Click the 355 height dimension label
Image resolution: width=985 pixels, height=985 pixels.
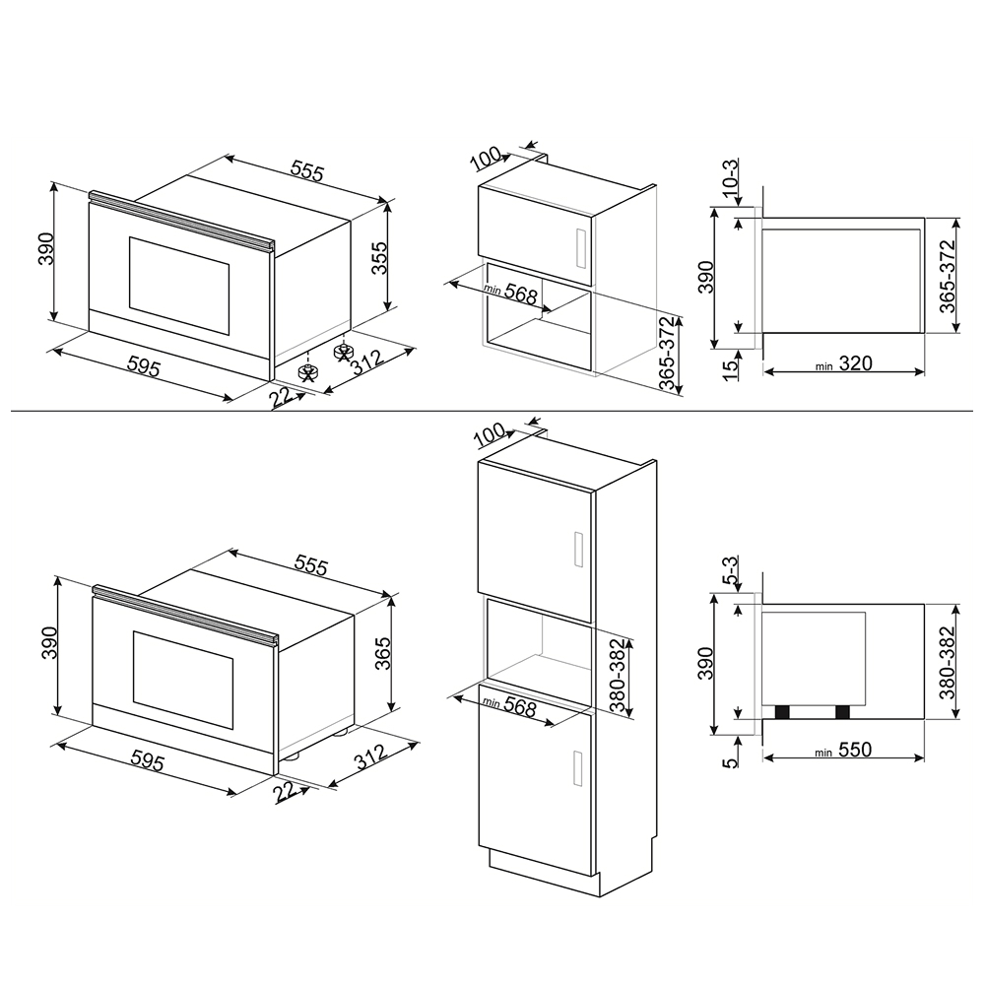(x=380, y=257)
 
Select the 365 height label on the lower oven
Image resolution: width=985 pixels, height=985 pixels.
(x=382, y=653)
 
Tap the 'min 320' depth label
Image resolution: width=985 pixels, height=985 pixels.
(x=844, y=363)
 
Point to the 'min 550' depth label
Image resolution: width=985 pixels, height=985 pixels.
(x=843, y=750)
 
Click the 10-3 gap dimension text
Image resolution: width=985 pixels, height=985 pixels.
(x=730, y=178)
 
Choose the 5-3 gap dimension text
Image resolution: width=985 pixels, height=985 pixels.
(x=730, y=571)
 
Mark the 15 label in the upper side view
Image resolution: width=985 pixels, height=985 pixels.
(x=730, y=370)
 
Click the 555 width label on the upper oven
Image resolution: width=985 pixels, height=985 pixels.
(x=307, y=170)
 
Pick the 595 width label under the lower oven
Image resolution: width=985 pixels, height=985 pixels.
(x=148, y=761)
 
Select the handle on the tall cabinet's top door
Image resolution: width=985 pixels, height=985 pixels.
(x=579, y=550)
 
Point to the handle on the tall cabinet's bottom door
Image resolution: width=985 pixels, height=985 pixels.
(x=579, y=767)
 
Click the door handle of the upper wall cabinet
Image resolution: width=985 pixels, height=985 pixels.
(x=580, y=247)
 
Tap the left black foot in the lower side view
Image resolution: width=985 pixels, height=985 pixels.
(x=782, y=712)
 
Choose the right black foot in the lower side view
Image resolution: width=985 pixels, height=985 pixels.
(x=842, y=712)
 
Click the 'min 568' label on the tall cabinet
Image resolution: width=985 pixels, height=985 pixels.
(x=510, y=706)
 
